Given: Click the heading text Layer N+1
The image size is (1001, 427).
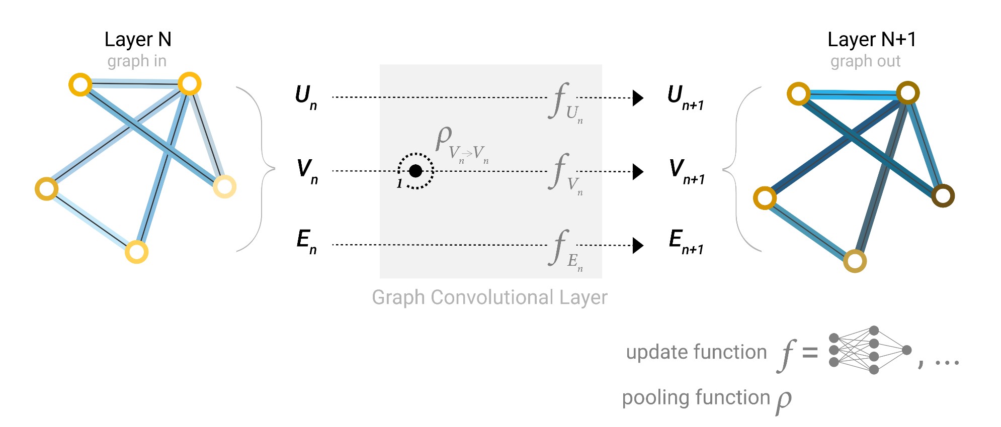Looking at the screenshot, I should (x=871, y=39).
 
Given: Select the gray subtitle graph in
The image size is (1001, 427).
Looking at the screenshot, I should (x=137, y=61).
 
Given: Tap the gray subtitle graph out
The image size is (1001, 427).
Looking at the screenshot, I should (x=865, y=61).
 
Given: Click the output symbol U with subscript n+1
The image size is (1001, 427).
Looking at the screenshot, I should (x=684, y=96).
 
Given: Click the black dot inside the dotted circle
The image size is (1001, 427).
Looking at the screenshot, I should (x=415, y=171).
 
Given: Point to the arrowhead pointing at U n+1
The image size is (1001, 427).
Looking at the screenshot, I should (x=638, y=98).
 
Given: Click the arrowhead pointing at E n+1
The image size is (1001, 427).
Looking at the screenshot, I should (x=638, y=246).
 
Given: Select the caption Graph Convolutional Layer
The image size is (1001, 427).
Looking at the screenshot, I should (x=489, y=297).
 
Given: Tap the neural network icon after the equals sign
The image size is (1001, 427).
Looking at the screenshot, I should (x=869, y=350).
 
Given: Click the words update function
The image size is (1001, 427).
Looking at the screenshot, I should (x=696, y=352).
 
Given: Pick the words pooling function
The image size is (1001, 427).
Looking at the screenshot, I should (x=696, y=398).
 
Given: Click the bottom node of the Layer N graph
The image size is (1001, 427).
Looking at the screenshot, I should (x=136, y=252).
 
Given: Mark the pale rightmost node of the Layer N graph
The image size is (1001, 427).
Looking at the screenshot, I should (x=224, y=187).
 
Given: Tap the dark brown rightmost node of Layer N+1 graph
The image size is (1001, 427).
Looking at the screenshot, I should (x=943, y=195).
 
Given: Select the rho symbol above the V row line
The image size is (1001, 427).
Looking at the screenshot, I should (x=444, y=137).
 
